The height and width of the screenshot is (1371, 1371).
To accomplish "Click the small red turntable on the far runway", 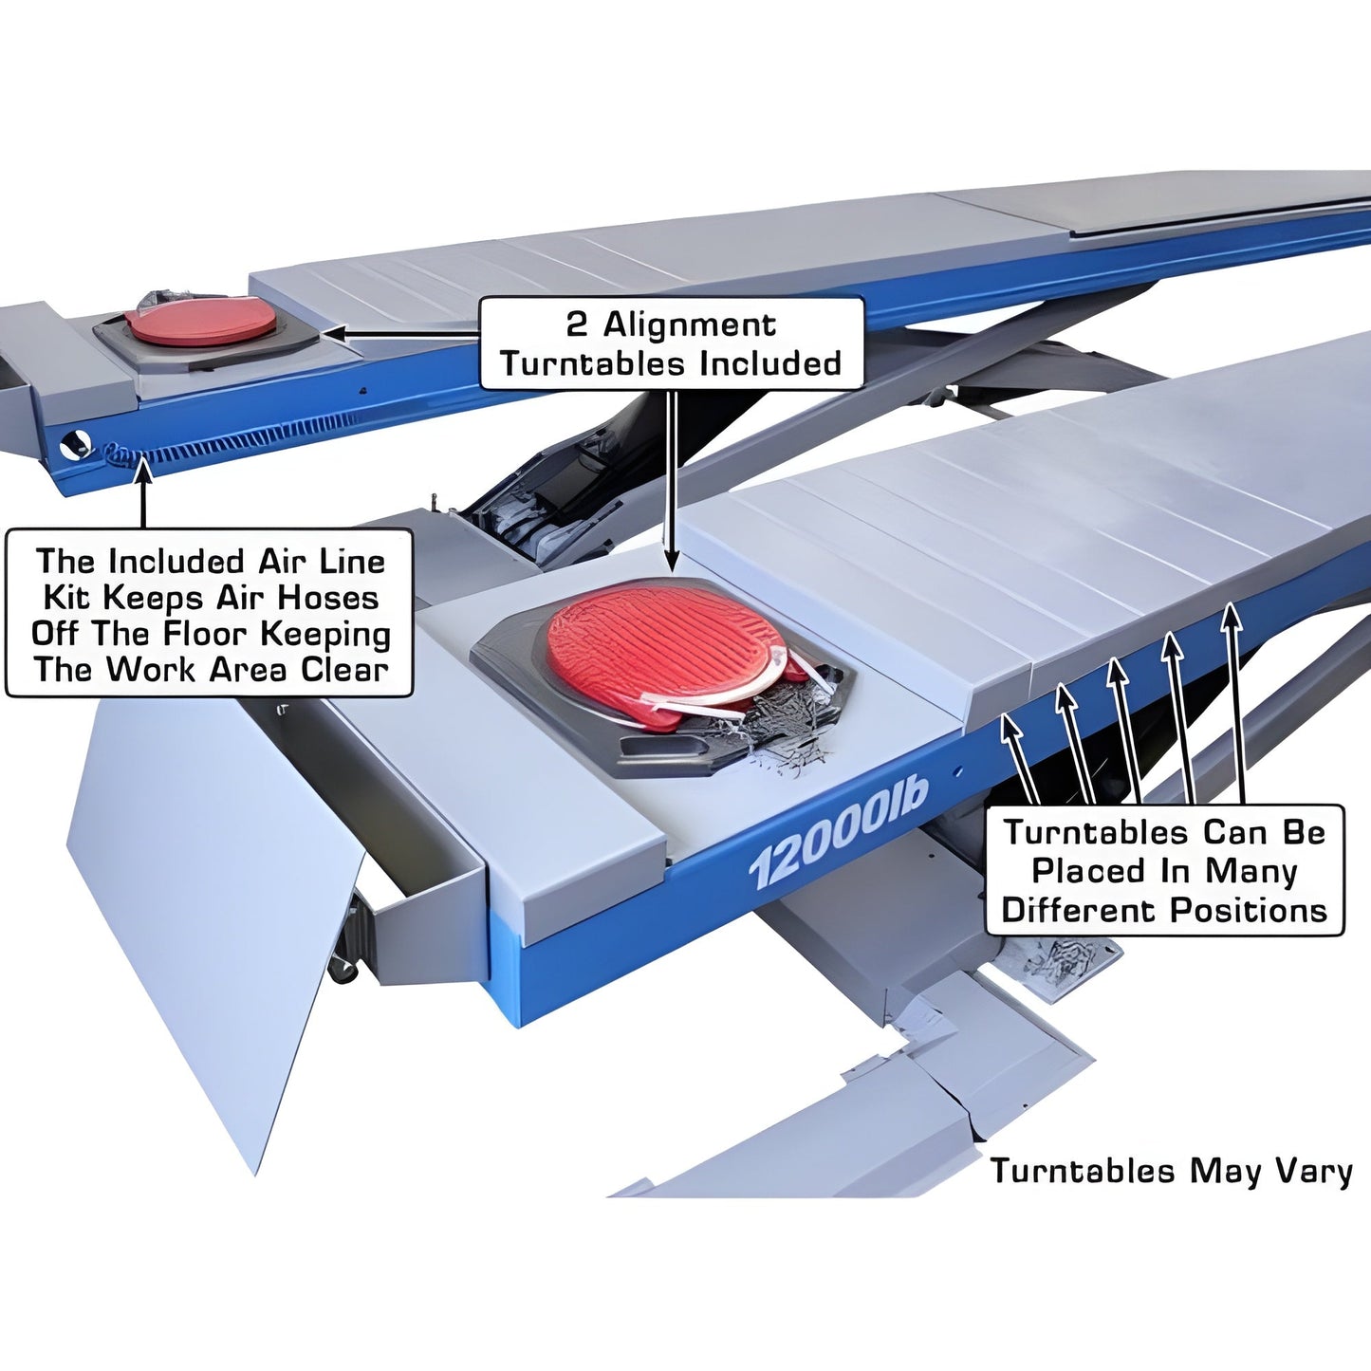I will point(200,321).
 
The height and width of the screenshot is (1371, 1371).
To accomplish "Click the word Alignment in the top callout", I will point(690,324).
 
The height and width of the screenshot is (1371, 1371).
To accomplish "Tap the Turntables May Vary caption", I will point(1171,1171).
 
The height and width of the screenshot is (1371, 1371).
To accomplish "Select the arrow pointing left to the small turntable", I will point(398,334).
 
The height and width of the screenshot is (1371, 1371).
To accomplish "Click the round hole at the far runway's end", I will point(74,443).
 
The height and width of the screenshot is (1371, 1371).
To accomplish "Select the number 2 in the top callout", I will point(576,324).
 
